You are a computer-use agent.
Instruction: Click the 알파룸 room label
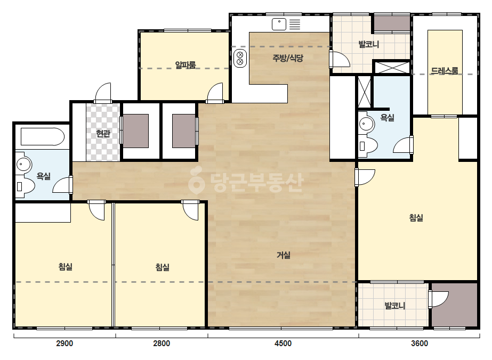click(x=185, y=65)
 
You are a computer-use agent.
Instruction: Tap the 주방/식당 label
click(x=288, y=58)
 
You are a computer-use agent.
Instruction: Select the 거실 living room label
click(x=284, y=255)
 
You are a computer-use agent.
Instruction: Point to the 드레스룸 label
click(x=445, y=71)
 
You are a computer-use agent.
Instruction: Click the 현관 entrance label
click(x=103, y=134)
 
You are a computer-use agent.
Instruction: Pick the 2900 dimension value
click(x=64, y=343)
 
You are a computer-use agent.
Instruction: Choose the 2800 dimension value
click(x=162, y=343)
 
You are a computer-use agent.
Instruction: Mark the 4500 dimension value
click(x=283, y=343)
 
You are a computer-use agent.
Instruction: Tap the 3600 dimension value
click(x=420, y=343)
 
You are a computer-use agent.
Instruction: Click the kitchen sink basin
click(x=279, y=24)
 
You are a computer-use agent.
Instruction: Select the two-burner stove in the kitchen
click(x=240, y=59)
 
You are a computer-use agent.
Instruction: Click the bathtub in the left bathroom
click(x=42, y=137)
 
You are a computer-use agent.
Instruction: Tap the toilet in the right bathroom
click(x=368, y=146)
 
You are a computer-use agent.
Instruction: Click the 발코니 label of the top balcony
click(x=369, y=44)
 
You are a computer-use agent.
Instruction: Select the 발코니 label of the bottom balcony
click(x=395, y=306)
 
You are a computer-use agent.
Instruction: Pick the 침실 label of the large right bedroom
click(x=416, y=218)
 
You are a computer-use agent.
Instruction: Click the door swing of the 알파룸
click(x=215, y=92)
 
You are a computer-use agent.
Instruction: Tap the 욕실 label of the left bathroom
click(x=44, y=176)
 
